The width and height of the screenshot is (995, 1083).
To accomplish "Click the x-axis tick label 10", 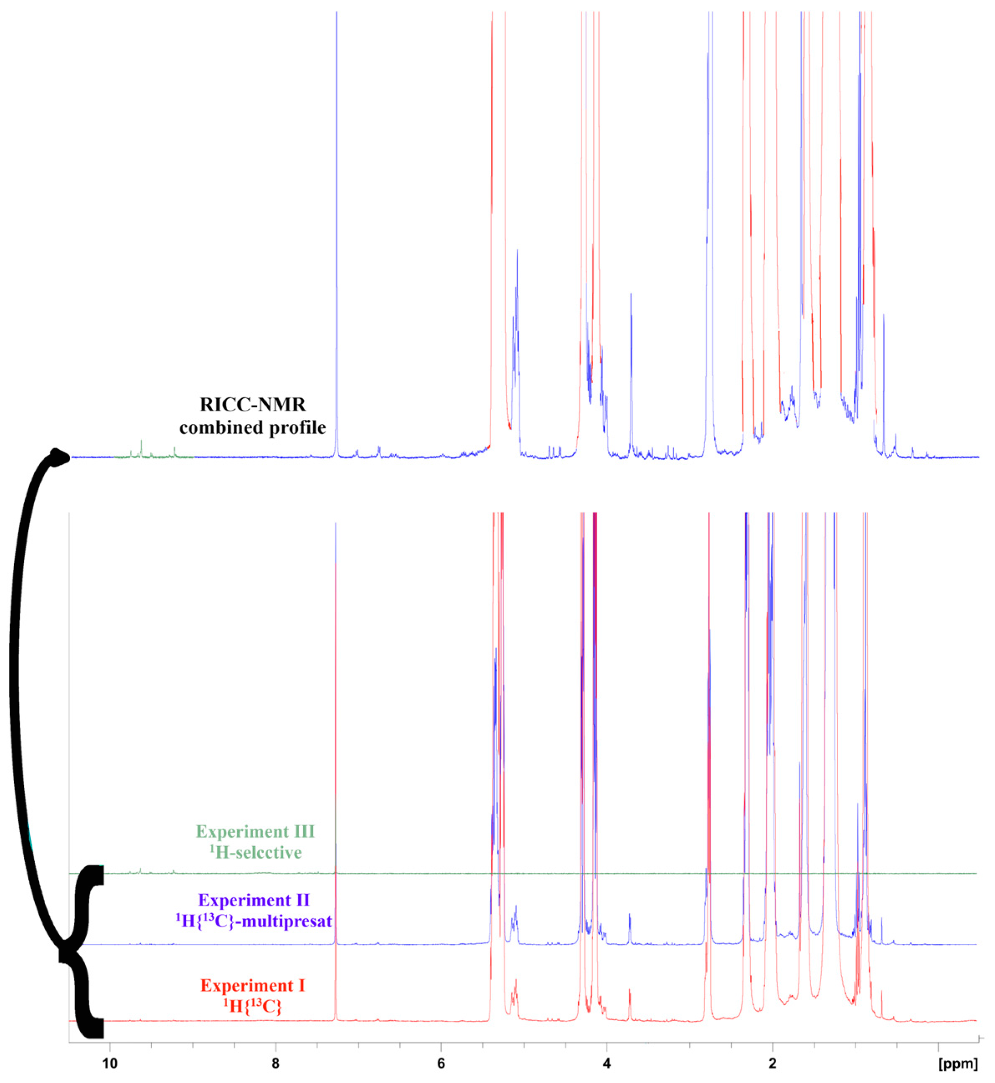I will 110,1064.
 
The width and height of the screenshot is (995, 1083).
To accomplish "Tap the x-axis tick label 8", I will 276,1064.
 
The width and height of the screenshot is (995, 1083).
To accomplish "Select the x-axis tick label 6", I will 442,1064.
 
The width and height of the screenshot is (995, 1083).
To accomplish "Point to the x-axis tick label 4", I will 607,1064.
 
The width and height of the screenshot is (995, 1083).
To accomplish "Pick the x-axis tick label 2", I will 773,1064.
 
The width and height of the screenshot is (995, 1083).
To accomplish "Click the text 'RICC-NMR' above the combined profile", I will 253,404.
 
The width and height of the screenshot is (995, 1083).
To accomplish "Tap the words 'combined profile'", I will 253,428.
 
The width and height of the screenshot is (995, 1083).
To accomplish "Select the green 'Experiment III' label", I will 255,832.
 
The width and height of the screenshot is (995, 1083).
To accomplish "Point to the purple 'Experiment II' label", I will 254,900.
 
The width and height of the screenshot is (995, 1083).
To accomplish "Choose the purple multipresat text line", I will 254,921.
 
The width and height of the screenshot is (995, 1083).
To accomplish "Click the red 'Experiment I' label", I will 253,986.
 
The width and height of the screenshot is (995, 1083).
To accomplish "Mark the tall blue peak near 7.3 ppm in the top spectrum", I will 337,216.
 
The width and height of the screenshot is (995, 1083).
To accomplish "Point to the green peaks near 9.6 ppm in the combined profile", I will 141,448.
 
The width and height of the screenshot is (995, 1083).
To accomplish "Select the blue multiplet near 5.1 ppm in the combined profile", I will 516,323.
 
